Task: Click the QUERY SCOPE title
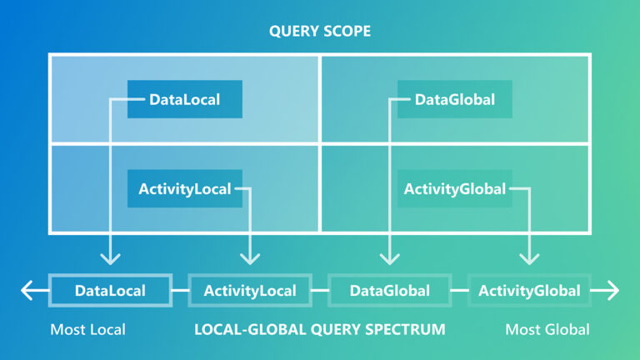coord(320,32)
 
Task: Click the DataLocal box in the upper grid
coord(185,100)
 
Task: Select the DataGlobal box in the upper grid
coord(455,100)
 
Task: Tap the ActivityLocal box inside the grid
coord(185,189)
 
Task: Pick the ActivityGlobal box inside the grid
coord(455,189)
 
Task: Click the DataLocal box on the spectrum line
coord(111,291)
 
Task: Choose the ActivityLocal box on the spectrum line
coord(250,291)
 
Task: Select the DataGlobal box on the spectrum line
coord(390,291)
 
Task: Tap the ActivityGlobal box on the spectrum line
coord(529,291)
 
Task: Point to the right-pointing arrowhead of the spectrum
coord(614,291)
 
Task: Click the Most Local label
coord(87,330)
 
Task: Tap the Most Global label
coord(547,330)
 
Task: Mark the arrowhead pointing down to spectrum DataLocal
coord(111,260)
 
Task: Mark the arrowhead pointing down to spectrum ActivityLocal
coord(250,260)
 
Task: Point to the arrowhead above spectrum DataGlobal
coord(390,260)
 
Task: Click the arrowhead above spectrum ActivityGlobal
coord(529,260)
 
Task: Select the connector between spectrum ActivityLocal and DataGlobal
coord(320,291)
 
